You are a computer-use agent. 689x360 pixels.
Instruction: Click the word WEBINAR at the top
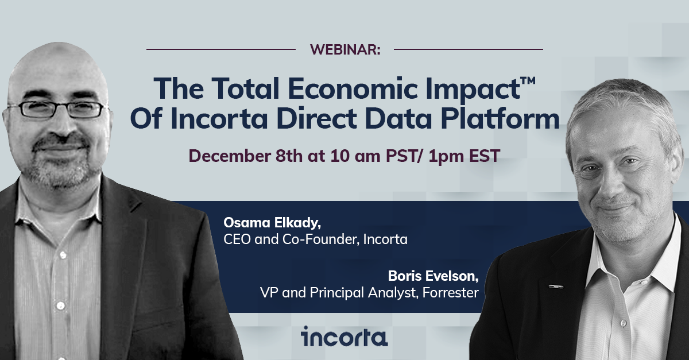click(x=345, y=50)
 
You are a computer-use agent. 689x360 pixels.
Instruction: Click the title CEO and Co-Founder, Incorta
click(x=315, y=239)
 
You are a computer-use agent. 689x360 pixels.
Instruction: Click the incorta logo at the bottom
click(x=344, y=336)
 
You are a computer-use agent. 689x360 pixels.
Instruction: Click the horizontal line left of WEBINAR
click(x=221, y=49)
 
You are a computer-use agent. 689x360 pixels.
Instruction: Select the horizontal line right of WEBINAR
click(x=468, y=49)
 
